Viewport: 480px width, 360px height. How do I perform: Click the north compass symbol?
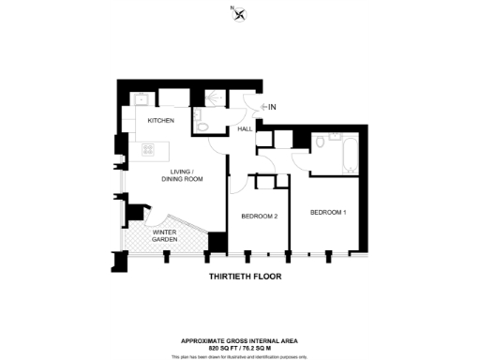coord(240,14)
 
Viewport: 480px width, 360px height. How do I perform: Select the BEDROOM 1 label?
coord(329,213)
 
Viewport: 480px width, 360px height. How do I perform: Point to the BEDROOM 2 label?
coord(259,217)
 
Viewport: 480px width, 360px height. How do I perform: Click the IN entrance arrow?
coord(268,108)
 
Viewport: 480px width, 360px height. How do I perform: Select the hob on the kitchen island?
coord(148,149)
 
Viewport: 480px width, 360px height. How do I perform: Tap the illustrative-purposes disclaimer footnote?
coord(241,355)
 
